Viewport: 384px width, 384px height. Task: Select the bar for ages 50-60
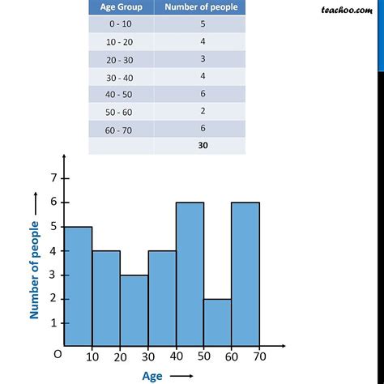217,322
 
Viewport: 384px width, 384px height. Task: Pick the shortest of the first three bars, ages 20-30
134,310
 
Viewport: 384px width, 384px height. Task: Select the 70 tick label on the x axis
260,356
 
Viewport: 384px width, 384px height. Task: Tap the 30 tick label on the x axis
148,356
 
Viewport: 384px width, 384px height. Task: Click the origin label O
56,354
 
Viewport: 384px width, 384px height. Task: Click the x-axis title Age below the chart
152,375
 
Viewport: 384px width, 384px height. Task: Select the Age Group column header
120,8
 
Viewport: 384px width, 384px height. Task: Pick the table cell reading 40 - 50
120,94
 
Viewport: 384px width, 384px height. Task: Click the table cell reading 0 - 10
120,25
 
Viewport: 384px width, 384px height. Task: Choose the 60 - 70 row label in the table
120,128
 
